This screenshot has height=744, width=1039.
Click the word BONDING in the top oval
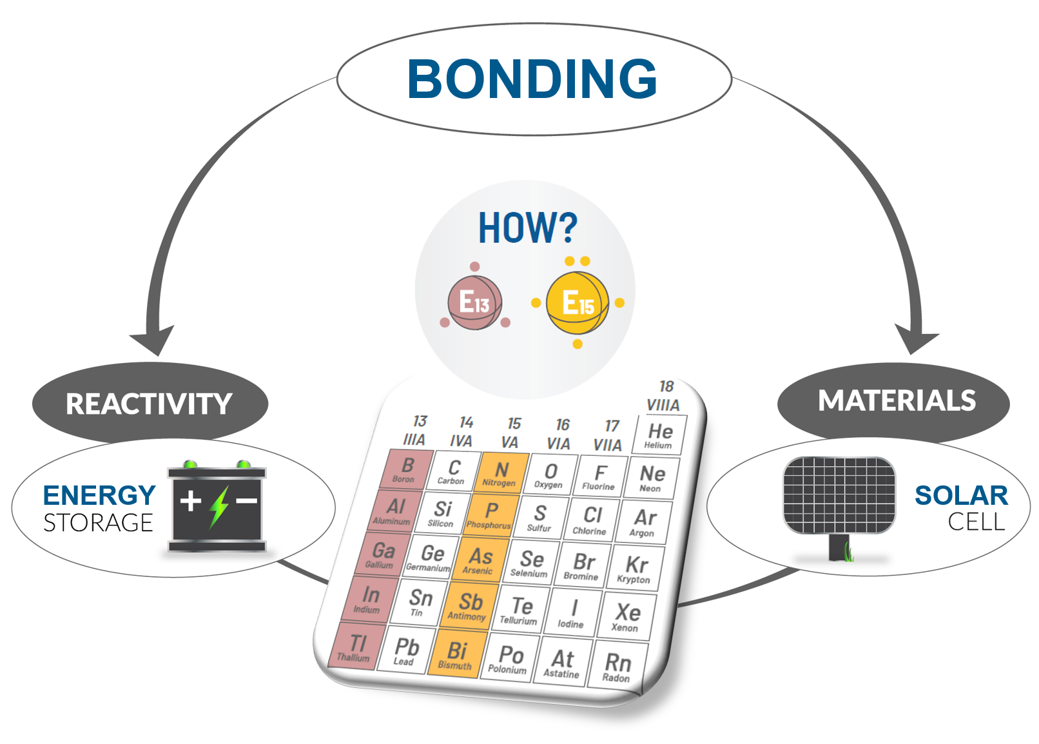pyautogui.click(x=532, y=79)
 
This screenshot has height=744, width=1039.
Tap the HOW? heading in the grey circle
pyautogui.click(x=527, y=228)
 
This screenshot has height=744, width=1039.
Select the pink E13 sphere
pyautogui.click(x=475, y=302)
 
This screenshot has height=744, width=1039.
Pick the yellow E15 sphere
pyautogui.click(x=577, y=303)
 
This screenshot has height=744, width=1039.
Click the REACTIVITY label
pyautogui.click(x=149, y=404)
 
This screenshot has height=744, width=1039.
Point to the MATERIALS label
pyautogui.click(x=897, y=401)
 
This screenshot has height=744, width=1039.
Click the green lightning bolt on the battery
pyautogui.click(x=219, y=506)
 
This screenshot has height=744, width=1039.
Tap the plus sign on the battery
pyautogui.click(x=190, y=501)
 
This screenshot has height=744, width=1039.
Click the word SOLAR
pyautogui.click(x=961, y=496)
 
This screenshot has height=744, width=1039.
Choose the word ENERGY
pyautogui.click(x=99, y=496)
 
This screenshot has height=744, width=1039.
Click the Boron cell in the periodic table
pyautogui.click(x=405, y=469)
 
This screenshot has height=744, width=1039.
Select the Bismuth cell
pyautogui.click(x=456, y=655)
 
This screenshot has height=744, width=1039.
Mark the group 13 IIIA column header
pyautogui.click(x=416, y=431)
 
